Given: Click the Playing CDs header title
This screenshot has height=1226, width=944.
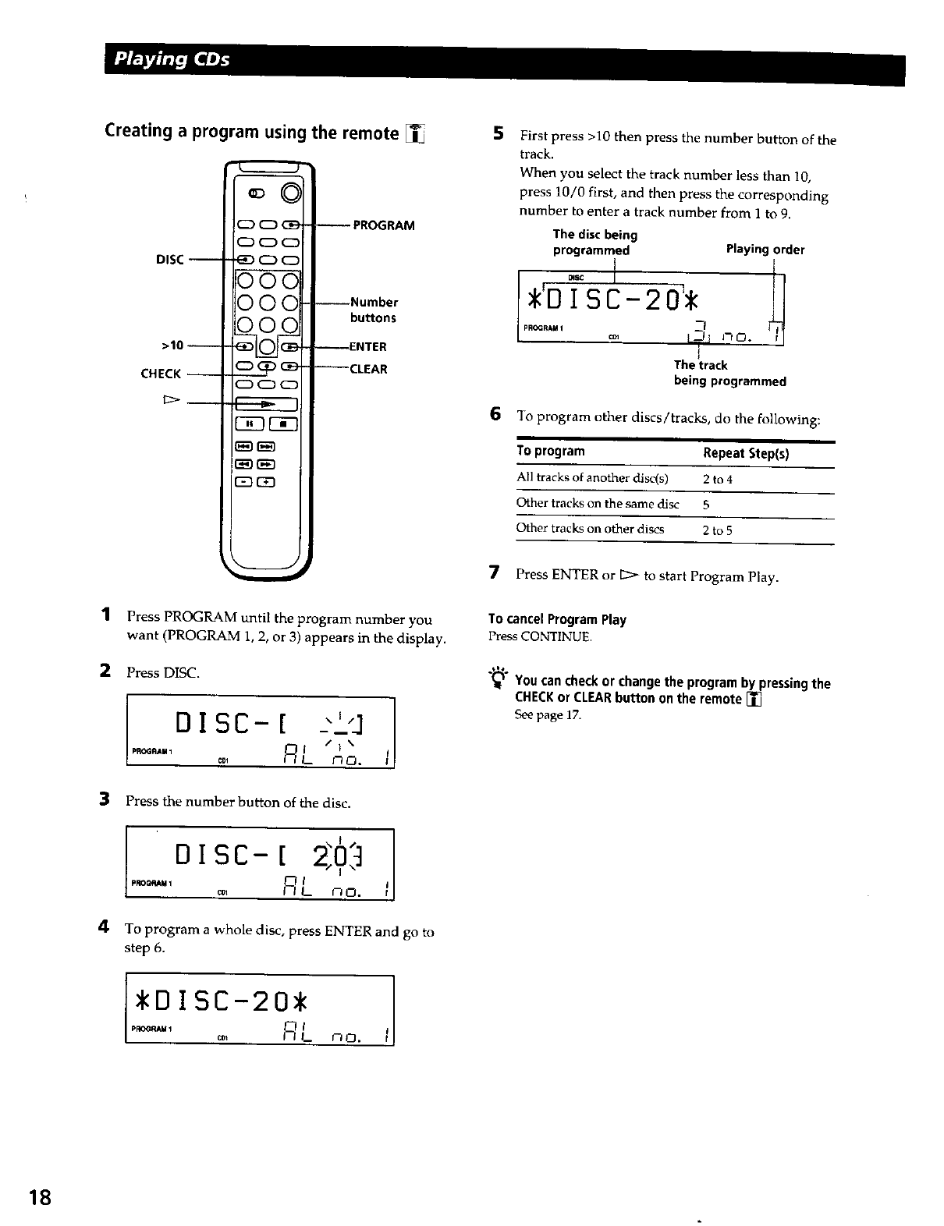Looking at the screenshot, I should point(172,59).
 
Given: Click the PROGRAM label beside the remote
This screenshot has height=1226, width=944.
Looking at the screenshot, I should point(383,225).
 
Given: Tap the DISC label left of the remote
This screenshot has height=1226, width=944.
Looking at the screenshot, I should point(169,260).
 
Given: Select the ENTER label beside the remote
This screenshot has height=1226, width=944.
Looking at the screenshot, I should point(368,346).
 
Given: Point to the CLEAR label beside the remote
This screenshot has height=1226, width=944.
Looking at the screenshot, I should point(368,369).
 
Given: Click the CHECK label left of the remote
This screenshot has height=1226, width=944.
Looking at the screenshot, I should point(161,374).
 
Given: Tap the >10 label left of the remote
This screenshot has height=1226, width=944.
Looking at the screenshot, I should point(172,345).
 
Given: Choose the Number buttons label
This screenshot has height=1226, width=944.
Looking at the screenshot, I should point(374,310).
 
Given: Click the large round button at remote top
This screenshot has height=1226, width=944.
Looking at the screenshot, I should point(292,192).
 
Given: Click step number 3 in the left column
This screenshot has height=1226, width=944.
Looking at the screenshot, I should point(103,799).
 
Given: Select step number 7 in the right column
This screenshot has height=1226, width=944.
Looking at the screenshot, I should point(493,574).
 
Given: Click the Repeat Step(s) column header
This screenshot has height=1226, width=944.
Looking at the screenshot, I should point(745,453).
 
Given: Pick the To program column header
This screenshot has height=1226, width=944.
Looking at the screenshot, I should point(550,451).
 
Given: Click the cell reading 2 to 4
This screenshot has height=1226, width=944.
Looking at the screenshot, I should point(717,479).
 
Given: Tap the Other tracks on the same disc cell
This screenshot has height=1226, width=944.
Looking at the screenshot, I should point(598,504).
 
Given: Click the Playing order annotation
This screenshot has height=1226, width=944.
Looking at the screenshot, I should point(765,250).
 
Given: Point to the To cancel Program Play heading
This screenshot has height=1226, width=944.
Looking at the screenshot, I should point(557,619).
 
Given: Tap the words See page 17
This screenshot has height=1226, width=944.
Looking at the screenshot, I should point(548,714).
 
